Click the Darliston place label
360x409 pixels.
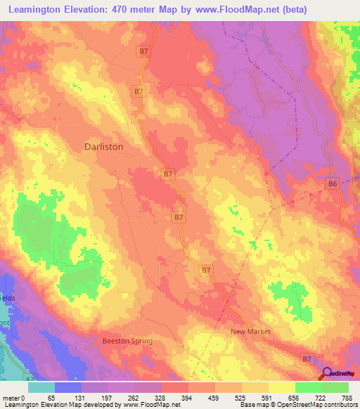(103, 147)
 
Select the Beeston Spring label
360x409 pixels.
(127, 341)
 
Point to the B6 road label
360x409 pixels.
(333, 183)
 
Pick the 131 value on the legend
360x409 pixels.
(82, 398)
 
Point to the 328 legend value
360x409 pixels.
(162, 398)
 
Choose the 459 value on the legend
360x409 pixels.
(215, 398)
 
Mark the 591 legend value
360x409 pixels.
(269, 398)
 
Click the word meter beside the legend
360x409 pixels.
(13, 398)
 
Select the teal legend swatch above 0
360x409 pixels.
(41, 387)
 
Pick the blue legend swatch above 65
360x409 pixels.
(68, 387)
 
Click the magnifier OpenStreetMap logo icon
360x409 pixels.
(328, 375)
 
